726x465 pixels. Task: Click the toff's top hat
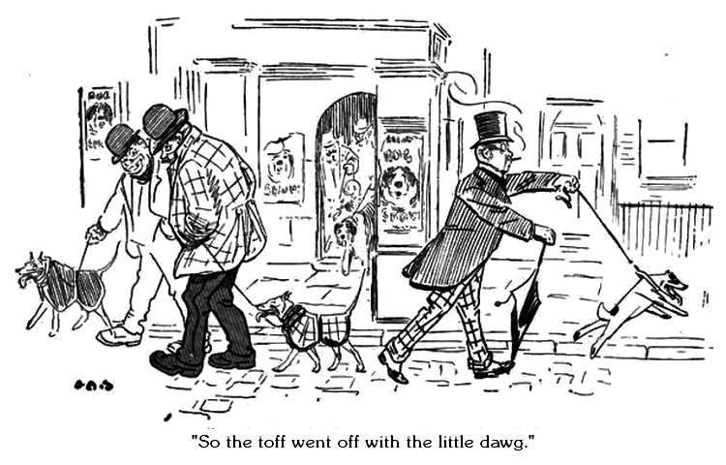click(491, 128)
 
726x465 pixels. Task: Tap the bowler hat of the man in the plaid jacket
click(165, 120)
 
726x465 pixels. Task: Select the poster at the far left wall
click(97, 121)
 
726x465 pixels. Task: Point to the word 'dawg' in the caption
click(499, 439)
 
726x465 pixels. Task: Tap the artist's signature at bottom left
click(94, 385)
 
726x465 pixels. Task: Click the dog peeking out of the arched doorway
click(347, 235)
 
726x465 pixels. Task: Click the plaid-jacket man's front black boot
click(174, 362)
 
